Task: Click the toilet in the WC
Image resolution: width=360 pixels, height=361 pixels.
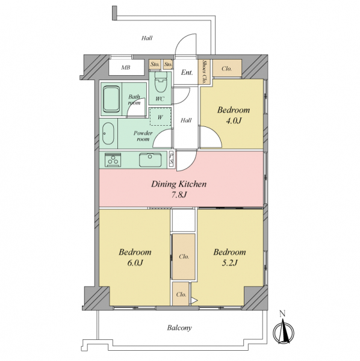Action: point(160,82)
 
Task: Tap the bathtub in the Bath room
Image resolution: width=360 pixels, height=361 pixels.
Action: point(111,99)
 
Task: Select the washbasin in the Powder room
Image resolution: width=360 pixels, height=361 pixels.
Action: point(108,134)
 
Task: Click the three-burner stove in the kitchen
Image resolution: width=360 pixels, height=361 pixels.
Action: point(113,159)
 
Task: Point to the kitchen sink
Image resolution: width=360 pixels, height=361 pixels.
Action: point(151,160)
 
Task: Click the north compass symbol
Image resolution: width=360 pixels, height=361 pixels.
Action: point(284,332)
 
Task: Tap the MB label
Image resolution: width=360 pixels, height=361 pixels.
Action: point(126,67)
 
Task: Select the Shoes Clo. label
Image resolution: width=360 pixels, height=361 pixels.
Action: point(204,72)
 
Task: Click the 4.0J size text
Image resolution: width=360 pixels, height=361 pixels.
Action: point(234,121)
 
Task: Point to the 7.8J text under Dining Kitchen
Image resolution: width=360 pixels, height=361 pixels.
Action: point(179,195)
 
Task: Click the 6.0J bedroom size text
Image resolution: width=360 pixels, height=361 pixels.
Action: point(135,263)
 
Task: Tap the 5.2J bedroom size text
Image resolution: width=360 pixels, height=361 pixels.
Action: point(229,263)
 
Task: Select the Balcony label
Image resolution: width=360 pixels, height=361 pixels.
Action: point(179,328)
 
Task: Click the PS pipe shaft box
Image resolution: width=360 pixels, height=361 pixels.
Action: point(172,159)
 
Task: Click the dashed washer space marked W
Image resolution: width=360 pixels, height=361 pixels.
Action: point(160,117)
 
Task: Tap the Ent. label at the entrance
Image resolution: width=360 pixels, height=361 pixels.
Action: point(187,73)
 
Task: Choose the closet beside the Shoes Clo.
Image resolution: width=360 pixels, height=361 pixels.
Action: point(227,67)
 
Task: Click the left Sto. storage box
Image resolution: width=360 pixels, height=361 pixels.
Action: point(155,64)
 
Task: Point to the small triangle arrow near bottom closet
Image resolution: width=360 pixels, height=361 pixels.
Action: point(194,300)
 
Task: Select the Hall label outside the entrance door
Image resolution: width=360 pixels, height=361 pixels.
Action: point(147,38)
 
